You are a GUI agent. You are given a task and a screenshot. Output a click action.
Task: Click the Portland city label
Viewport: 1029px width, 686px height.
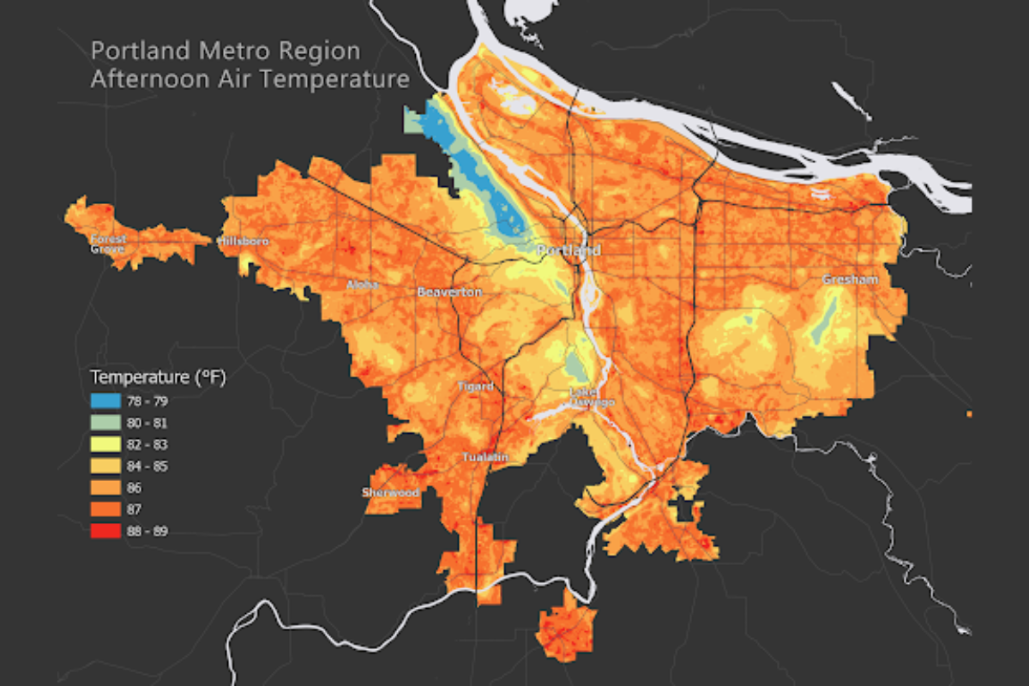coord(569,250)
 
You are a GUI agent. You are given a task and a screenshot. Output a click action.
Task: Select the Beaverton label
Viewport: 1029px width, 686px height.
coord(449,292)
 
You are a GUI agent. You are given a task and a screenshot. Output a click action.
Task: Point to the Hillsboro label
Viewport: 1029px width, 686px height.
coord(244,242)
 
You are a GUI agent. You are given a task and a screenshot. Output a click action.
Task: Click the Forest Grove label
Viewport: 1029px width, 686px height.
coord(109,244)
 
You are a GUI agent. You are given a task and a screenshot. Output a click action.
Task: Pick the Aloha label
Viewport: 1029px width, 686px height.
coord(362,285)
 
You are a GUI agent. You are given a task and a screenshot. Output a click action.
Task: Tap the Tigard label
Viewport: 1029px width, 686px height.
coord(475,387)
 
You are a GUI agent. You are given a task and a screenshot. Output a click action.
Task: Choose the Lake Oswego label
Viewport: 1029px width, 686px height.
coord(592,398)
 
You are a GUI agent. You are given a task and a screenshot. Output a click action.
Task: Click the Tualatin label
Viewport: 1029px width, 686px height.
coord(485,457)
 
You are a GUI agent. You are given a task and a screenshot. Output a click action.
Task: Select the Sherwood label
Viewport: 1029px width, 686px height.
coord(390,493)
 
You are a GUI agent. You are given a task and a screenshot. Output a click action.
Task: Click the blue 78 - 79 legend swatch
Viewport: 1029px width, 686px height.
coord(105,400)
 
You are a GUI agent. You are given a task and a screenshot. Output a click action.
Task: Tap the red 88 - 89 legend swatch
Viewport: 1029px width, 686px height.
coord(105,531)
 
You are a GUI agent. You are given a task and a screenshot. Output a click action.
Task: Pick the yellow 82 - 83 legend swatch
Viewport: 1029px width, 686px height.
coord(105,443)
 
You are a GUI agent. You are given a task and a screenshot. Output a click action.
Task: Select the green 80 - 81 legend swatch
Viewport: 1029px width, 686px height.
coord(105,422)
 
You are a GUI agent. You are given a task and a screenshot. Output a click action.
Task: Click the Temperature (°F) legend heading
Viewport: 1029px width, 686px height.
coord(157,376)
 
